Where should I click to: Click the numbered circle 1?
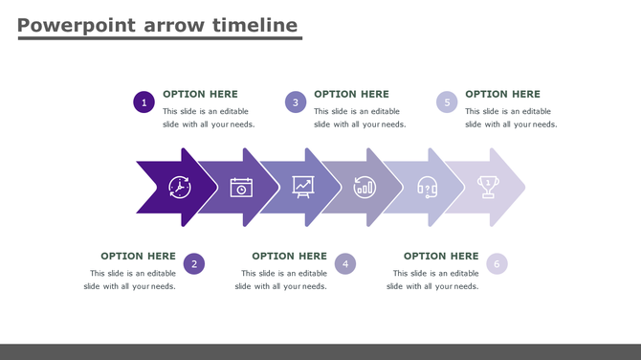point(144,102)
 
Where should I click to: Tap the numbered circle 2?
point(194,264)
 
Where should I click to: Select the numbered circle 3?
point(296,102)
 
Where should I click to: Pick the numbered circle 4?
point(345,264)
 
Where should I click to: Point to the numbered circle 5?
point(447,102)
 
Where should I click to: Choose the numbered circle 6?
point(497,264)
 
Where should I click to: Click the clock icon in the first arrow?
point(180,187)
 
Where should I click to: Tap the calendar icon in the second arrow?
point(241,187)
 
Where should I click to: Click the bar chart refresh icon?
point(365,187)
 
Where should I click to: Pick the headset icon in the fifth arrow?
point(427,187)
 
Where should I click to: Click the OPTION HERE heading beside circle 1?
point(200,94)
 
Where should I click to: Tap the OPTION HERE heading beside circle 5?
point(502,94)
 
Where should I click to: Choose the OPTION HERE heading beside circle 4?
point(289,256)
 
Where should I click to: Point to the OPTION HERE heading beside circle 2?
point(138,256)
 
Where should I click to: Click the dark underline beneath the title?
point(159,38)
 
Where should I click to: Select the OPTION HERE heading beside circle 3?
point(351,94)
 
